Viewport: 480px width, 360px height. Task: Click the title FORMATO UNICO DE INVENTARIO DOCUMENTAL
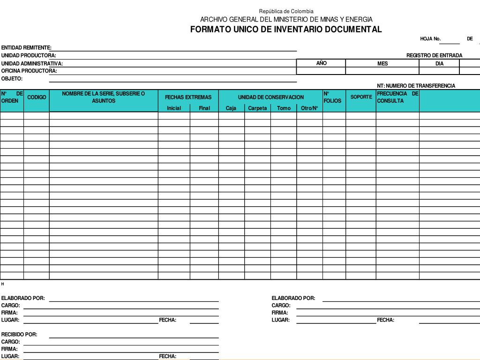click(x=286, y=30)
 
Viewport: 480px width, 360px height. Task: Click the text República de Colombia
click(x=286, y=11)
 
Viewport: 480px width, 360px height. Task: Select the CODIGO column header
click(x=37, y=97)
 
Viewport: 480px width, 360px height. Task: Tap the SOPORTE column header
click(x=361, y=97)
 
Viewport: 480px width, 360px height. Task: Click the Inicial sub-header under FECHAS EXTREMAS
click(x=174, y=108)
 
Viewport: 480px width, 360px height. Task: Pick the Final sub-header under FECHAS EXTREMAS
click(x=204, y=108)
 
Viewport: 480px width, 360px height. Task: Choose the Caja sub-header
click(x=231, y=108)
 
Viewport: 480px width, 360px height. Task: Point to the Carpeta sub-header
click(x=257, y=108)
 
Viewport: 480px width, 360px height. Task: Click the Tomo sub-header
click(x=284, y=108)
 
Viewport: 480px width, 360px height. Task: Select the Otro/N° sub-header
click(x=309, y=108)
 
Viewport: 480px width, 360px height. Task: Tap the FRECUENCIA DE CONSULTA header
click(x=397, y=97)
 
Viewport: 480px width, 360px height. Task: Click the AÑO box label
click(x=321, y=63)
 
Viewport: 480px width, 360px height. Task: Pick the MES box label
click(x=382, y=64)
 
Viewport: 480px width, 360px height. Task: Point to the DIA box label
click(x=439, y=64)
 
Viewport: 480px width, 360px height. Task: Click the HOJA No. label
click(x=430, y=39)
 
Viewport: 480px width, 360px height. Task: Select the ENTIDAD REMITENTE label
click(x=26, y=48)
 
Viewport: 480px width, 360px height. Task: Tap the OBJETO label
click(x=12, y=79)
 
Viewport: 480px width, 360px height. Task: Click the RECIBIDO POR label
click(x=19, y=335)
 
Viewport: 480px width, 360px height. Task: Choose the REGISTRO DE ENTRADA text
click(x=434, y=55)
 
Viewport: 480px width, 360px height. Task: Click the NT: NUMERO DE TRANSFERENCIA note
click(x=416, y=86)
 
